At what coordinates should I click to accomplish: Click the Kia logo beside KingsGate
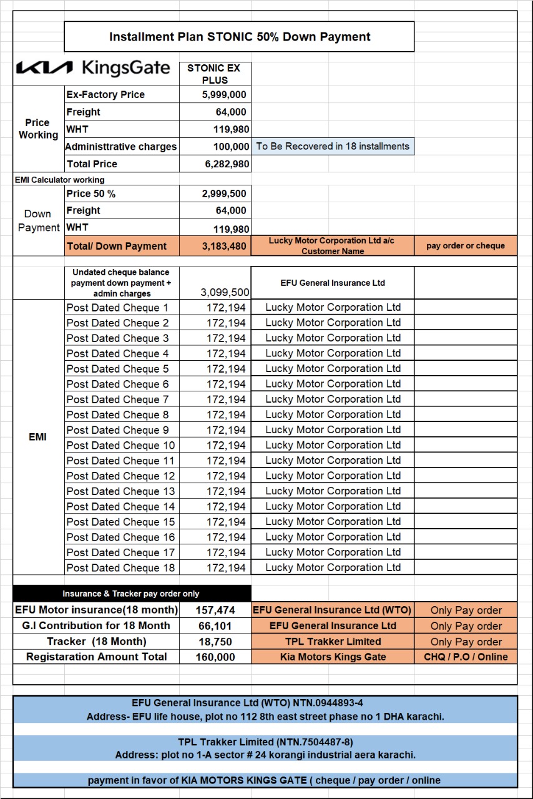pos(44,68)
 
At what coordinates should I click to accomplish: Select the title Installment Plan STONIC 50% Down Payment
pos(240,37)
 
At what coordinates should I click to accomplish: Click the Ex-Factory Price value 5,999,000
pos(224,95)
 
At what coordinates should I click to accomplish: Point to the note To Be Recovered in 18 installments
pos(333,147)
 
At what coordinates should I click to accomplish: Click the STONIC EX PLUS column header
pos(214,74)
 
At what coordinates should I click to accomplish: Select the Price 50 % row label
pos(91,194)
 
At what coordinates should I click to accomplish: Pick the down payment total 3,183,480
pos(224,246)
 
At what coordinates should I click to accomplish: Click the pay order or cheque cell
pos(466,246)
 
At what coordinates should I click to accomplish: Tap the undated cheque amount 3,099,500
pos(225,292)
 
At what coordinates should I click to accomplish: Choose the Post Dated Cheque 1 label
pos(117,308)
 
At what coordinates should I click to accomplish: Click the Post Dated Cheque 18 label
pos(120,568)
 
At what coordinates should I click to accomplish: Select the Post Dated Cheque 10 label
pos(120,446)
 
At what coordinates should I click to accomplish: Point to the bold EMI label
pos(37,437)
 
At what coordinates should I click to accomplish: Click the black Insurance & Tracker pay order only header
pos(131,594)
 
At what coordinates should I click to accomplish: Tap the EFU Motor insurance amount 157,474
pos(215,610)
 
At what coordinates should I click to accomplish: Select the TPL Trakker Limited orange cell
pos(333,642)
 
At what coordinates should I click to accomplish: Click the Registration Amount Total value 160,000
pos(215,657)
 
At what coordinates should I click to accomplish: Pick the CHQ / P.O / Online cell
pos(466,657)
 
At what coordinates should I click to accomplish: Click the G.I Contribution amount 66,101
pos(215,626)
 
